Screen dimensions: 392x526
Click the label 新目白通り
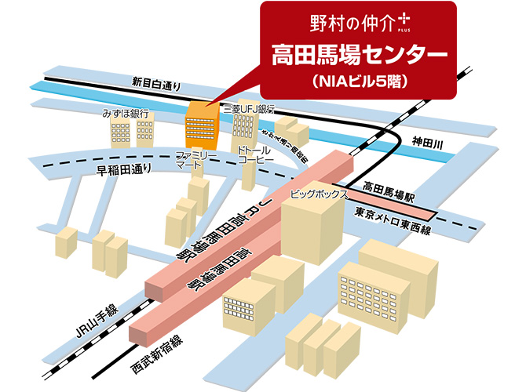click(x=155, y=81)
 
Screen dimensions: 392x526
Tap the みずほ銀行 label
click(x=126, y=114)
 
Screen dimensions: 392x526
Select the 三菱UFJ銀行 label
click(x=249, y=110)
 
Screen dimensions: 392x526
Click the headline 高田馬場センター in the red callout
click(x=359, y=55)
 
